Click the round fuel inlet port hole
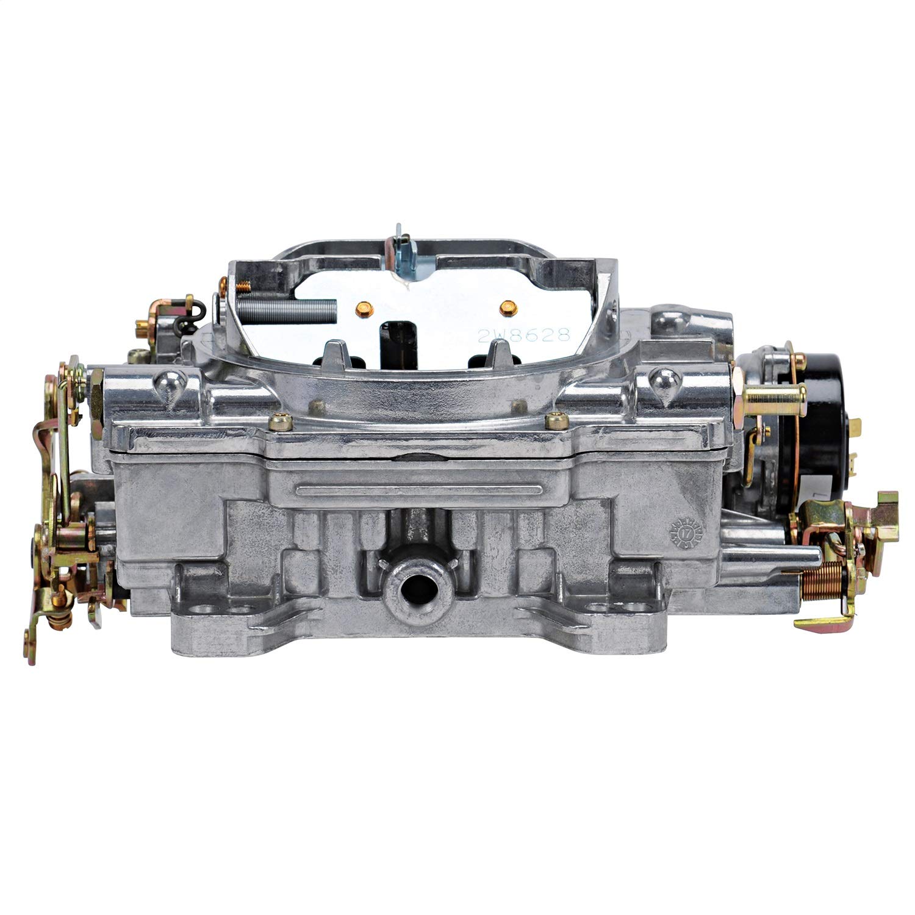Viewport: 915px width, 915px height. pos(407,589)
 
